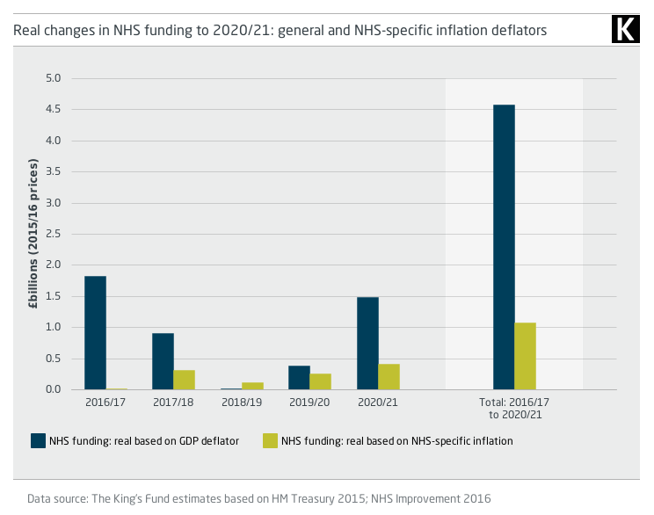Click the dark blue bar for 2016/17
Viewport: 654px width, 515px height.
pyautogui.click(x=95, y=333)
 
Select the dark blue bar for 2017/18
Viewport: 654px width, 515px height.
pyautogui.click(x=163, y=361)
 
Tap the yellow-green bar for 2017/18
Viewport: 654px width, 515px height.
pyautogui.click(x=185, y=380)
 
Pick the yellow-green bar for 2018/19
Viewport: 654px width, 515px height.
pyautogui.click(x=252, y=386)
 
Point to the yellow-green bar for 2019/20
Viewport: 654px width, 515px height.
pyautogui.click(x=321, y=381)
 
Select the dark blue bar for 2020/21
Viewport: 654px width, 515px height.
pyautogui.click(x=367, y=344)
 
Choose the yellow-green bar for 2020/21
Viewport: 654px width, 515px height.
pyautogui.click(x=389, y=377)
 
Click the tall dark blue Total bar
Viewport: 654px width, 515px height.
pyautogui.click(x=504, y=247)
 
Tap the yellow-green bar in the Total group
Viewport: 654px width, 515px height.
pyautogui.click(x=525, y=356)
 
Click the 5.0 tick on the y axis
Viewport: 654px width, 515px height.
pyautogui.click(x=54, y=78)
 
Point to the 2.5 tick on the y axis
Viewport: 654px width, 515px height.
pyautogui.click(x=54, y=234)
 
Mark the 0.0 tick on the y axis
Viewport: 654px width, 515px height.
pyautogui.click(x=54, y=389)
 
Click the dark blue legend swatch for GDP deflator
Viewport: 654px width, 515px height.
pyautogui.click(x=39, y=441)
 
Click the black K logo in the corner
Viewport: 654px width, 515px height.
pyautogui.click(x=624, y=29)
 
